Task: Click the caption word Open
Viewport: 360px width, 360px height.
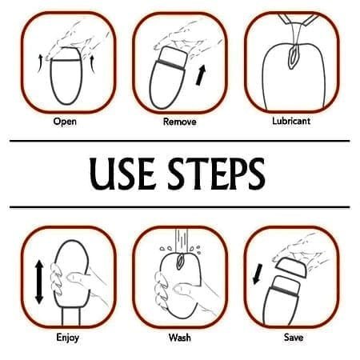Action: pyautogui.click(x=65, y=122)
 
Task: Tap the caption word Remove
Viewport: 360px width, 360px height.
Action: pyautogui.click(x=180, y=122)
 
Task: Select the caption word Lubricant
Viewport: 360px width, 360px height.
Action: pyautogui.click(x=291, y=121)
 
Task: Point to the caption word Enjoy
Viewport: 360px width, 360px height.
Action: pyautogui.click(x=68, y=338)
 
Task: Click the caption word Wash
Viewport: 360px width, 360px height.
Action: pyautogui.click(x=180, y=338)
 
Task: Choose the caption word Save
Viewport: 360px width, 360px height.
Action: pyautogui.click(x=294, y=337)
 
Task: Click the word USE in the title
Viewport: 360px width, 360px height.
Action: pyautogui.click(x=122, y=174)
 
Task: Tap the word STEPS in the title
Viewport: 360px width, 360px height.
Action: pyautogui.click(x=216, y=174)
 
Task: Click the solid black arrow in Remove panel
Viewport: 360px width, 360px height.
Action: pyautogui.click(x=201, y=75)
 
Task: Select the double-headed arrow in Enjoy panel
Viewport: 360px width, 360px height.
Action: pyautogui.click(x=39, y=282)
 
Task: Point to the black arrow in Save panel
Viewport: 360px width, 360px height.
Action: pyautogui.click(x=258, y=274)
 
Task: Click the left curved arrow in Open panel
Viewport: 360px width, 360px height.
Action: pyautogui.click(x=40, y=63)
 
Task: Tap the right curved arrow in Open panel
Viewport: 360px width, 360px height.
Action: pyautogui.click(x=93, y=64)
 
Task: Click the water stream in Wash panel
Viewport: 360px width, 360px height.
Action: pyautogui.click(x=182, y=240)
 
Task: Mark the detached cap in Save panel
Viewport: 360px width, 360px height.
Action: pyautogui.click(x=291, y=267)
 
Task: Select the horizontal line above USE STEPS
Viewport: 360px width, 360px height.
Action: pyautogui.click(x=180, y=141)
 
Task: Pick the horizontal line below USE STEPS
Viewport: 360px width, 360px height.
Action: pyautogui.click(x=180, y=207)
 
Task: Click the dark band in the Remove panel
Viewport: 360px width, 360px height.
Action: pyautogui.click(x=171, y=66)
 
